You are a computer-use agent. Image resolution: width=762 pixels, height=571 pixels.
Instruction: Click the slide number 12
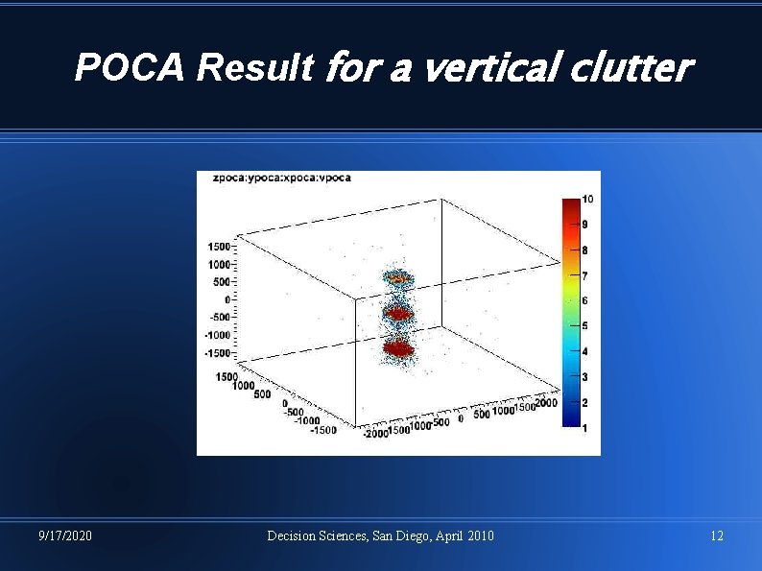(x=717, y=535)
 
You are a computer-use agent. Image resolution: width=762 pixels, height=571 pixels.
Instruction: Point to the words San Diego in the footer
(x=401, y=535)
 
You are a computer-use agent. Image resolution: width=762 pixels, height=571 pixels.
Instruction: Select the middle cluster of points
(x=397, y=313)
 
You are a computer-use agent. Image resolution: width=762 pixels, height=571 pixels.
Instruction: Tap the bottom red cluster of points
(x=397, y=348)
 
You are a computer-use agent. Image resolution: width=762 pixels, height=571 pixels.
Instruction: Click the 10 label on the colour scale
(x=587, y=200)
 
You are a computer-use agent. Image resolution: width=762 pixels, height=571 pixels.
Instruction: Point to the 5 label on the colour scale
(x=585, y=326)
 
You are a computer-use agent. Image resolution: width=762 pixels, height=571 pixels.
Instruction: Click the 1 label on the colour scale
(x=585, y=428)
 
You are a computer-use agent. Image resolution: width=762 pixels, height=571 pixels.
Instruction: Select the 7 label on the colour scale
(x=585, y=276)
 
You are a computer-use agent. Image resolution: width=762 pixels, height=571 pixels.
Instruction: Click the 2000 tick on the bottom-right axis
(x=545, y=404)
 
